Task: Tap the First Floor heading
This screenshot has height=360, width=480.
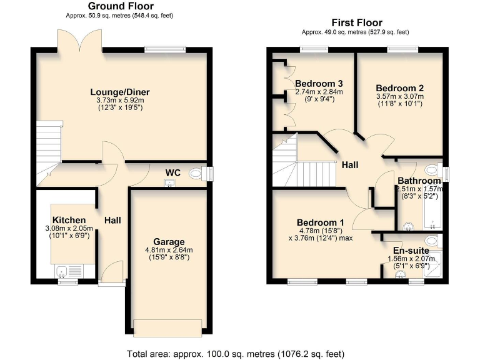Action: pos(356,23)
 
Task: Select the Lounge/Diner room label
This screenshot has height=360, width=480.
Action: pos(119,92)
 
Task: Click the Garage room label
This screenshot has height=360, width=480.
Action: pos(169,242)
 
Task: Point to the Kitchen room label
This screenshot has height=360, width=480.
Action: pos(69,220)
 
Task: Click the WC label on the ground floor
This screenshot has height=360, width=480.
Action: pos(172,172)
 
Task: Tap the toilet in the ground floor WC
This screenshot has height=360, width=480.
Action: pos(198,174)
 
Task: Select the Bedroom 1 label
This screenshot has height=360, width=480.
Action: pos(320,222)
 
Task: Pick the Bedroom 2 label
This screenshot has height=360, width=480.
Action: pos(400,88)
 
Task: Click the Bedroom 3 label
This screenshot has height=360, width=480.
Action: pos(319,84)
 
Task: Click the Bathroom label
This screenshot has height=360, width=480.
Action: pos(419,181)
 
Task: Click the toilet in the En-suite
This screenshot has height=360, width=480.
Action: pos(432,240)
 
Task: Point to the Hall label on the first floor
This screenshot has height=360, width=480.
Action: pos(349,164)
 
